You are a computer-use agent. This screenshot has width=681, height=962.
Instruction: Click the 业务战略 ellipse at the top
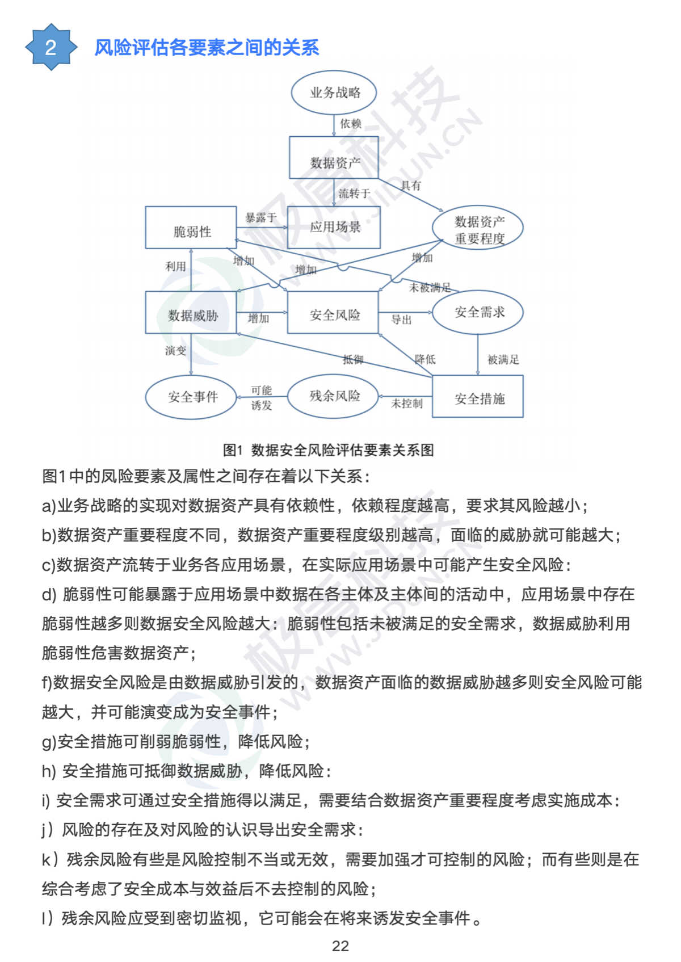coord(334,93)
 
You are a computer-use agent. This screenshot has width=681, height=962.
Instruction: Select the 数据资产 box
coord(334,158)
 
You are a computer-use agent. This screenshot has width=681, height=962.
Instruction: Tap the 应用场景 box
coord(334,227)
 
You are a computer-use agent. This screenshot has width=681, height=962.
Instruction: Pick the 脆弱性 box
coord(191,228)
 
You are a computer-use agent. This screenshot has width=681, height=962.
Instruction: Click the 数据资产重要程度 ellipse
coord(478,228)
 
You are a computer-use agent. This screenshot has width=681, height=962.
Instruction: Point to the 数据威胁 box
coord(191,312)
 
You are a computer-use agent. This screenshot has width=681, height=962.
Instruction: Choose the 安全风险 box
coord(333,312)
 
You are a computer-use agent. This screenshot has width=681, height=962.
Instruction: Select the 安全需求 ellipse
coord(478,312)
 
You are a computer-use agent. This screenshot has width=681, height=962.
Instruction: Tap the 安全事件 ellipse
coord(191,397)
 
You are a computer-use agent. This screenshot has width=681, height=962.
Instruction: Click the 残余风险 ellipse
coord(333,396)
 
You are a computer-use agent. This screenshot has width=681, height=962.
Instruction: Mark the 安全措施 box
coord(478,396)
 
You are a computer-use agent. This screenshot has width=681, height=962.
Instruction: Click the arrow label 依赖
coord(351,124)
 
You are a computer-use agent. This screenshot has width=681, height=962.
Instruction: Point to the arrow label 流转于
coord(354,194)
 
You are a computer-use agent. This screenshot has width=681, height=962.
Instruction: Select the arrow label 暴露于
coord(260,217)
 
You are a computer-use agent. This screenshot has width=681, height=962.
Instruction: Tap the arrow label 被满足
coord(503,359)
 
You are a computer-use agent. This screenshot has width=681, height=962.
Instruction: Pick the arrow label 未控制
coord(407,403)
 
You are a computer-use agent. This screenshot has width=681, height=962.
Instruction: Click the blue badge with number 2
coord(51,47)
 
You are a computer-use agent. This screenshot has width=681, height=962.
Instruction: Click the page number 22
coord(340,946)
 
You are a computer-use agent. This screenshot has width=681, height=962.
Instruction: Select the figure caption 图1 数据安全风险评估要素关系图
coord(329,450)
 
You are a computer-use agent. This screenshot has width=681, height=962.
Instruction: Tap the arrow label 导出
coord(402,320)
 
